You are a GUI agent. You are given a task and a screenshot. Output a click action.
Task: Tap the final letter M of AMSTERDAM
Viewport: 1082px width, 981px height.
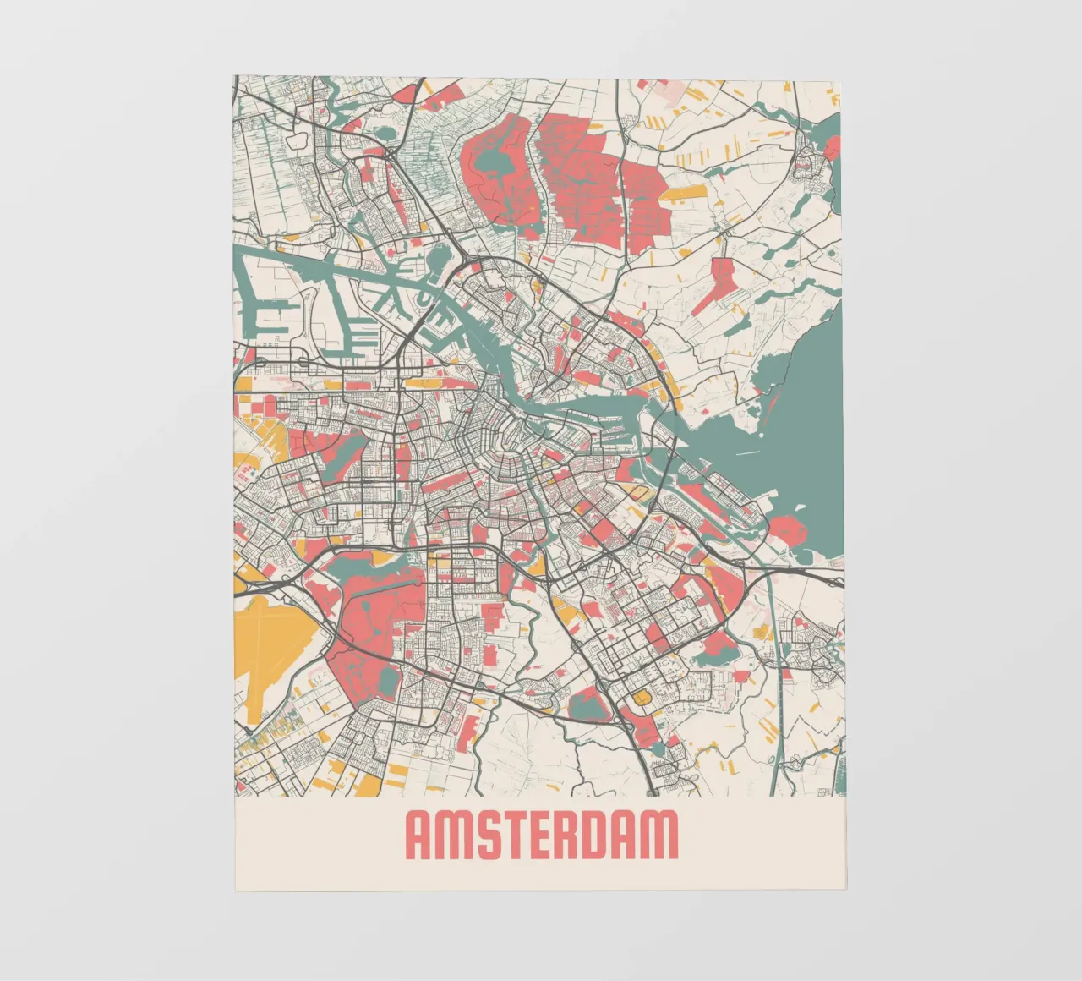point(663,835)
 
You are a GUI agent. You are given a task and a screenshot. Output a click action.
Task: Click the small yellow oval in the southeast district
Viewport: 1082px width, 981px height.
point(643,698)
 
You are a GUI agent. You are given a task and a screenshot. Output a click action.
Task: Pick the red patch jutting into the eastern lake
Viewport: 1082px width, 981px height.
point(786,531)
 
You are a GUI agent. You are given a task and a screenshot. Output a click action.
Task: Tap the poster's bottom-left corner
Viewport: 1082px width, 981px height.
point(236,891)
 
